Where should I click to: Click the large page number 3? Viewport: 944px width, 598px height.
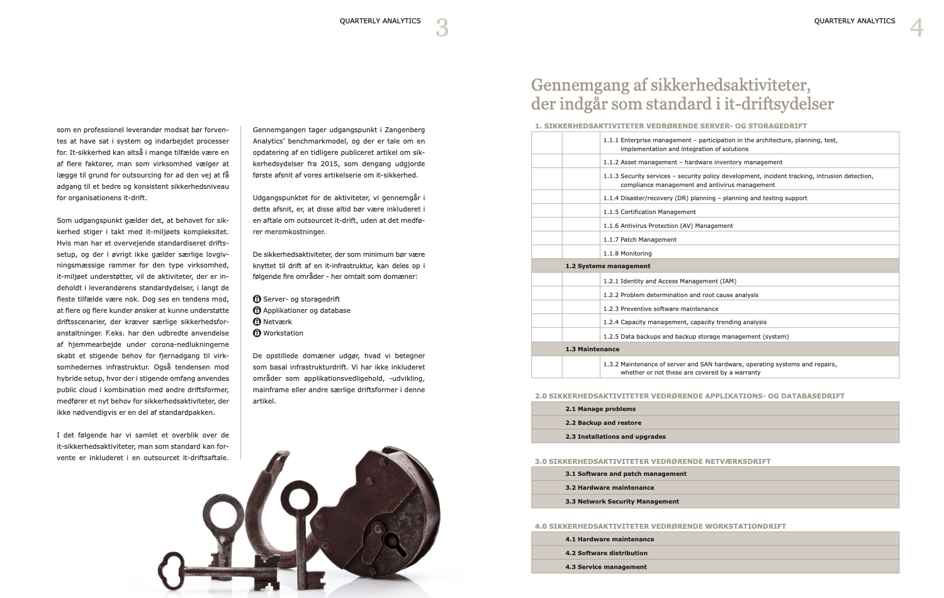[442, 28]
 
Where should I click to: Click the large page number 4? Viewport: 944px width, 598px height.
[916, 28]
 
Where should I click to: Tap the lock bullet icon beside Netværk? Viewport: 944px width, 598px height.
[257, 322]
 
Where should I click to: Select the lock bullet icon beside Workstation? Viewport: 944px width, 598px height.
[257, 333]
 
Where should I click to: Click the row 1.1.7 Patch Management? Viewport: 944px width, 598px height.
[639, 240]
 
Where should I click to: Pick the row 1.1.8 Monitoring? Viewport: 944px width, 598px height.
[627, 254]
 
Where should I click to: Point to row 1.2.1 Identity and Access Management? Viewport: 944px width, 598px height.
[670, 281]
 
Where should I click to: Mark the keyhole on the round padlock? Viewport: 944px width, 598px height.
[391, 540]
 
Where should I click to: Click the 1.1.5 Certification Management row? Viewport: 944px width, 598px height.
[649, 212]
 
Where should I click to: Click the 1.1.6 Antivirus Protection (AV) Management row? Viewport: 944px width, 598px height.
[668, 226]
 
